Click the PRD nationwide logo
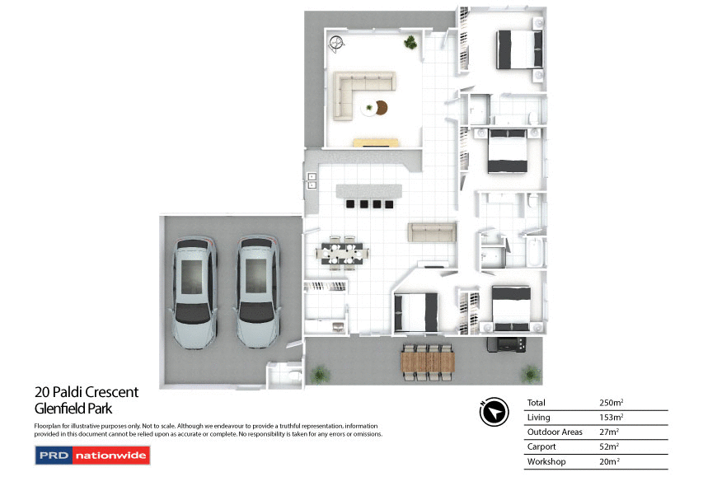coord(92,455)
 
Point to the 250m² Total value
coord(611,403)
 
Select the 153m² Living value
coord(611,418)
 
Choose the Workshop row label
coord(546,462)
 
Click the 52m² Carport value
coord(609,447)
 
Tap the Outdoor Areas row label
coord(555,432)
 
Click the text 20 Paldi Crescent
coord(87,392)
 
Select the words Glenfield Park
coord(73,408)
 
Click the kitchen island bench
coord(368,191)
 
